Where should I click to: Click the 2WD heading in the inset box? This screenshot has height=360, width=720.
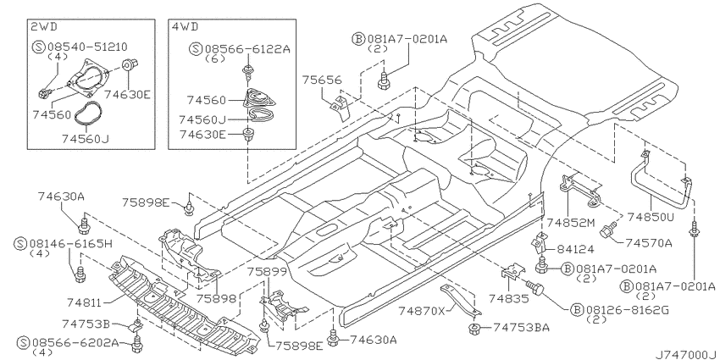(44, 26)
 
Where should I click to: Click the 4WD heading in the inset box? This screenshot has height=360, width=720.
(185, 26)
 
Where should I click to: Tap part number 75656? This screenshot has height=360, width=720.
(322, 80)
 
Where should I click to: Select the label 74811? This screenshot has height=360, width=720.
(84, 302)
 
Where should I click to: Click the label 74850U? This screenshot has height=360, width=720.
(651, 217)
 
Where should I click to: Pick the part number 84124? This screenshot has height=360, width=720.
(575, 249)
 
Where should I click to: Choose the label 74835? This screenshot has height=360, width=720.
(509, 299)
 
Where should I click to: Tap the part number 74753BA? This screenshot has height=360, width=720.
(521, 328)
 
